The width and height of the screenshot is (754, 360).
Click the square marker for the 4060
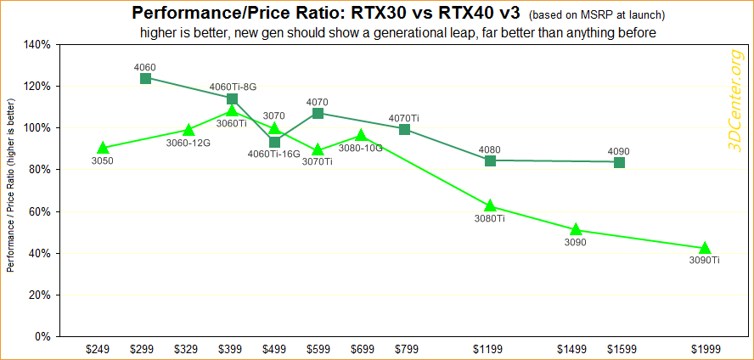coord(145,78)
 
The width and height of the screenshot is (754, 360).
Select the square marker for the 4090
coord(619,162)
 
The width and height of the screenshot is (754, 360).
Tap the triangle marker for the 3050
coord(103,148)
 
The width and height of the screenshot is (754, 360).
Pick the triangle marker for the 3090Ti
coord(705,248)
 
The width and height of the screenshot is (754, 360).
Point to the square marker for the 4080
coord(490,160)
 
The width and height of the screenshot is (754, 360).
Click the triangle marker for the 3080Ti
coord(490,205)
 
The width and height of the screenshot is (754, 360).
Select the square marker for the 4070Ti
coord(404,129)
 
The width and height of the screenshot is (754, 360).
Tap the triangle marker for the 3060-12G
coord(188,130)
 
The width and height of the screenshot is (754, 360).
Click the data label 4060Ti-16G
coord(273,155)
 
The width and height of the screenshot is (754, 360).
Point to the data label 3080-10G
coord(361,148)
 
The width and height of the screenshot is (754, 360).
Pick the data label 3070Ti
coord(317,161)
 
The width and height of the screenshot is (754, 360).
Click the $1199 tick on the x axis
coord(490,348)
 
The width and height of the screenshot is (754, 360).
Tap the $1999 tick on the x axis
coord(705,348)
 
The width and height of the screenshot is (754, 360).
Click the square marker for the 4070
coord(318,113)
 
